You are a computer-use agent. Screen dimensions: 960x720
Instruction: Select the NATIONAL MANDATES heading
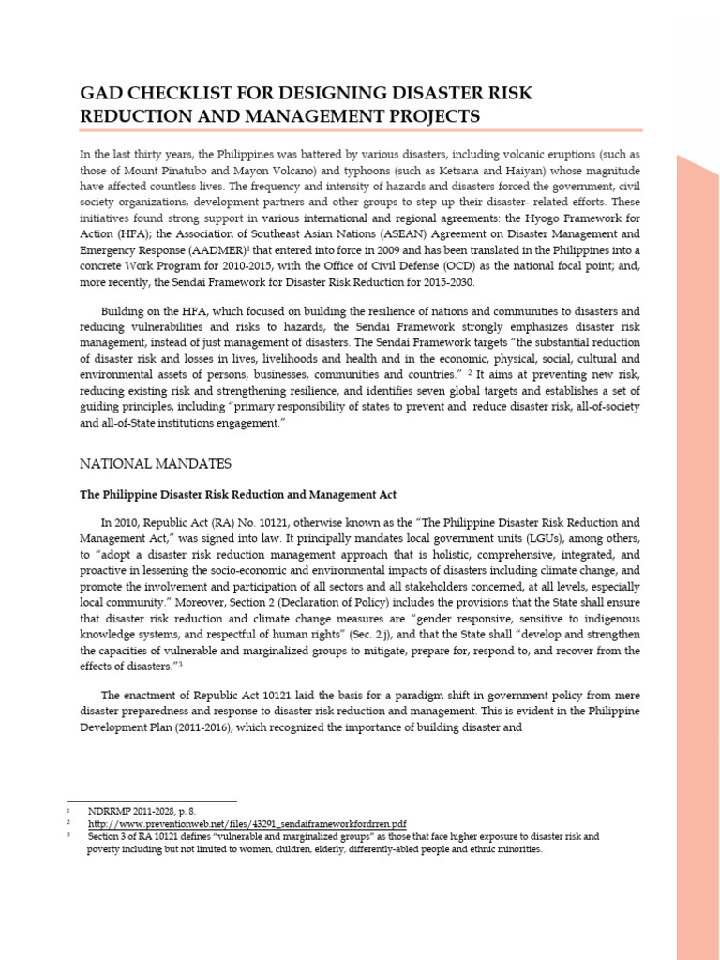pos(155,463)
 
